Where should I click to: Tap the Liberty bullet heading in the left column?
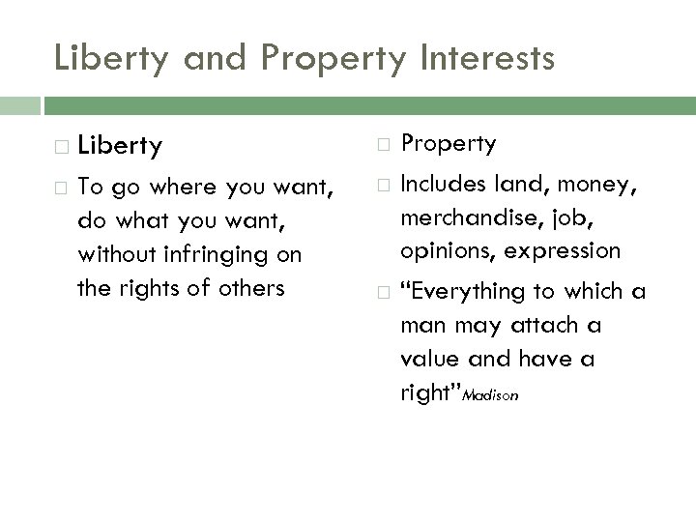tap(120, 146)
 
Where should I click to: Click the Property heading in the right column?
tap(449, 144)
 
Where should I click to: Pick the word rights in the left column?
tap(156, 287)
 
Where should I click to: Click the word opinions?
tap(444, 250)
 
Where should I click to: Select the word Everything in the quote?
tap(473, 291)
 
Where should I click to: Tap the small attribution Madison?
tap(490, 395)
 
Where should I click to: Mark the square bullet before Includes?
tap(383, 184)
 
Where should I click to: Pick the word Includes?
tap(444, 183)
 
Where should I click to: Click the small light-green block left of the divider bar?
tap(19, 104)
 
